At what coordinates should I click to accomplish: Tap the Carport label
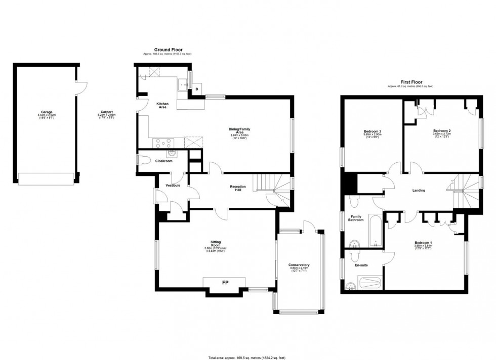106,112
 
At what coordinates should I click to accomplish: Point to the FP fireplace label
224,283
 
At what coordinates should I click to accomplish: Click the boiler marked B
196,89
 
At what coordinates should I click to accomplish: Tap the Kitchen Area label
163,105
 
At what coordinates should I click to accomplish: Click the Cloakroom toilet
145,161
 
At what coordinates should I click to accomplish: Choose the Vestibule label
173,186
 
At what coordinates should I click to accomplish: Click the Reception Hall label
238,188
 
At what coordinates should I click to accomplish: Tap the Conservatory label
299,265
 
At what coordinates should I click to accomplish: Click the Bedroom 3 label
372,132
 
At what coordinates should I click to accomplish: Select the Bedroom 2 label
442,130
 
